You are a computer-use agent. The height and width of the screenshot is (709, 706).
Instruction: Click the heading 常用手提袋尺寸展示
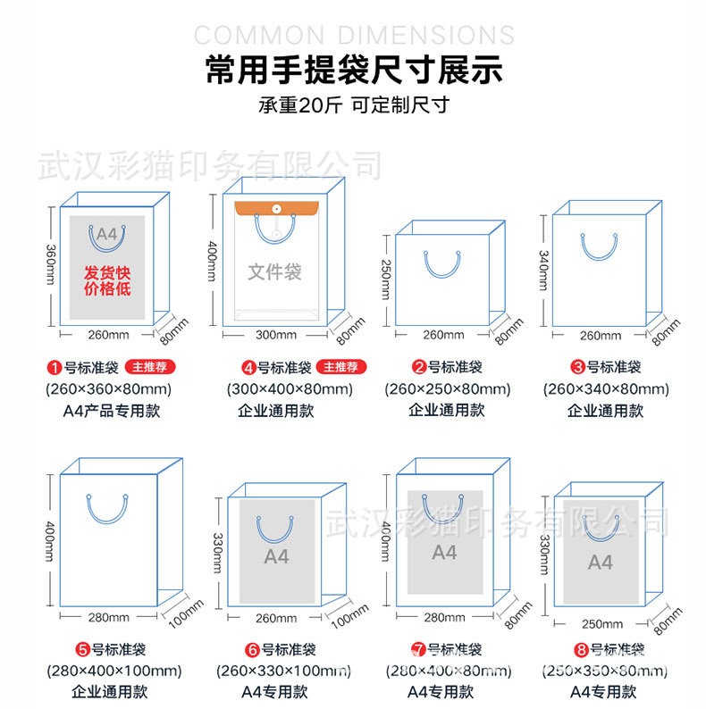click(x=353, y=70)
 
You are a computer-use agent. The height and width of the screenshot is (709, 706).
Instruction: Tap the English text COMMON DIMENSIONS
click(x=354, y=35)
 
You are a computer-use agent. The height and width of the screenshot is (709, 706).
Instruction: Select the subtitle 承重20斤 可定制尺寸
click(x=353, y=105)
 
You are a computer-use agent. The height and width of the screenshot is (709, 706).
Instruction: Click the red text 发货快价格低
click(x=106, y=279)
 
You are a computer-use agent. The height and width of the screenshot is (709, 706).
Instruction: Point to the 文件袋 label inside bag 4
click(x=274, y=271)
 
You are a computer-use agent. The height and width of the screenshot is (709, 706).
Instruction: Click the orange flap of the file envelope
click(x=276, y=210)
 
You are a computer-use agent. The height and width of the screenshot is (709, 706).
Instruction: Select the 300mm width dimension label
click(x=276, y=335)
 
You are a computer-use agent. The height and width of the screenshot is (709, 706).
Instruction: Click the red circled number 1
click(x=53, y=367)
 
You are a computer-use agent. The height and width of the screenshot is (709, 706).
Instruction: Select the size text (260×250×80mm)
click(x=447, y=388)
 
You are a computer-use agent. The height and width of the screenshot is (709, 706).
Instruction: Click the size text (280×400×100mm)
click(x=113, y=670)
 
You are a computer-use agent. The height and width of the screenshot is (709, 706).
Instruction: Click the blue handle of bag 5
click(x=107, y=508)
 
